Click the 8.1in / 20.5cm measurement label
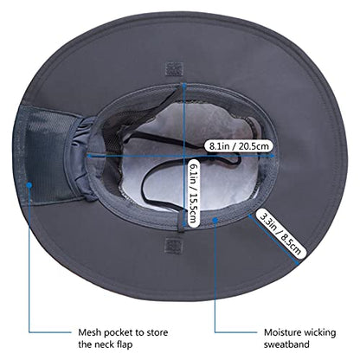coord(239,146)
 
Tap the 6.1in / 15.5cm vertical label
coord(193,193)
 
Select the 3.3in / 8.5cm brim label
coord(280,233)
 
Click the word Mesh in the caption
coord(90,332)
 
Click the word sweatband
coord(286,344)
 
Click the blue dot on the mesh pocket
coord(29,185)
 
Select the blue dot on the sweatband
coord(215,220)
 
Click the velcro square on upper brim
coord(174,69)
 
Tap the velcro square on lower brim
coord(174,246)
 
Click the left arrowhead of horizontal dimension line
coord(89,156)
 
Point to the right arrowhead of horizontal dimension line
coord(272,155)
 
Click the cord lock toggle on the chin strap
coord(213,159)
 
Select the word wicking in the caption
coord(320,333)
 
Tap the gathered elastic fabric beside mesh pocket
coord(80,157)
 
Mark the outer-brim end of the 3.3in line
coord(298,263)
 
